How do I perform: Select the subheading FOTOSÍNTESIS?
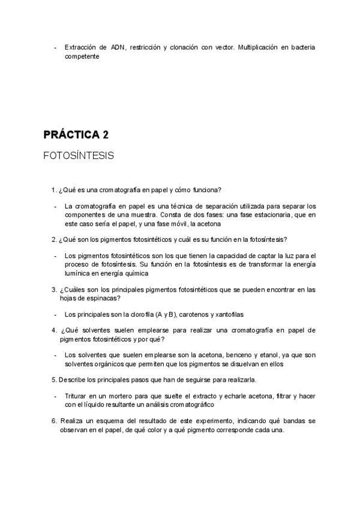click(79, 155)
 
